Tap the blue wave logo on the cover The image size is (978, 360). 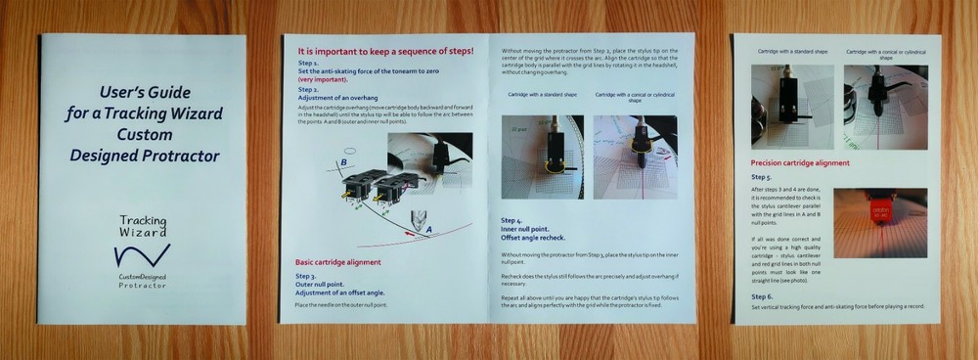click(142, 256)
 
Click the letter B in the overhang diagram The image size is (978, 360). click(343, 163)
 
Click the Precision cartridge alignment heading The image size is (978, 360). click(800, 162)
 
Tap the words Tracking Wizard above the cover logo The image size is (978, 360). click(143, 227)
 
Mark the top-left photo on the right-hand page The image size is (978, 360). click(791, 107)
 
